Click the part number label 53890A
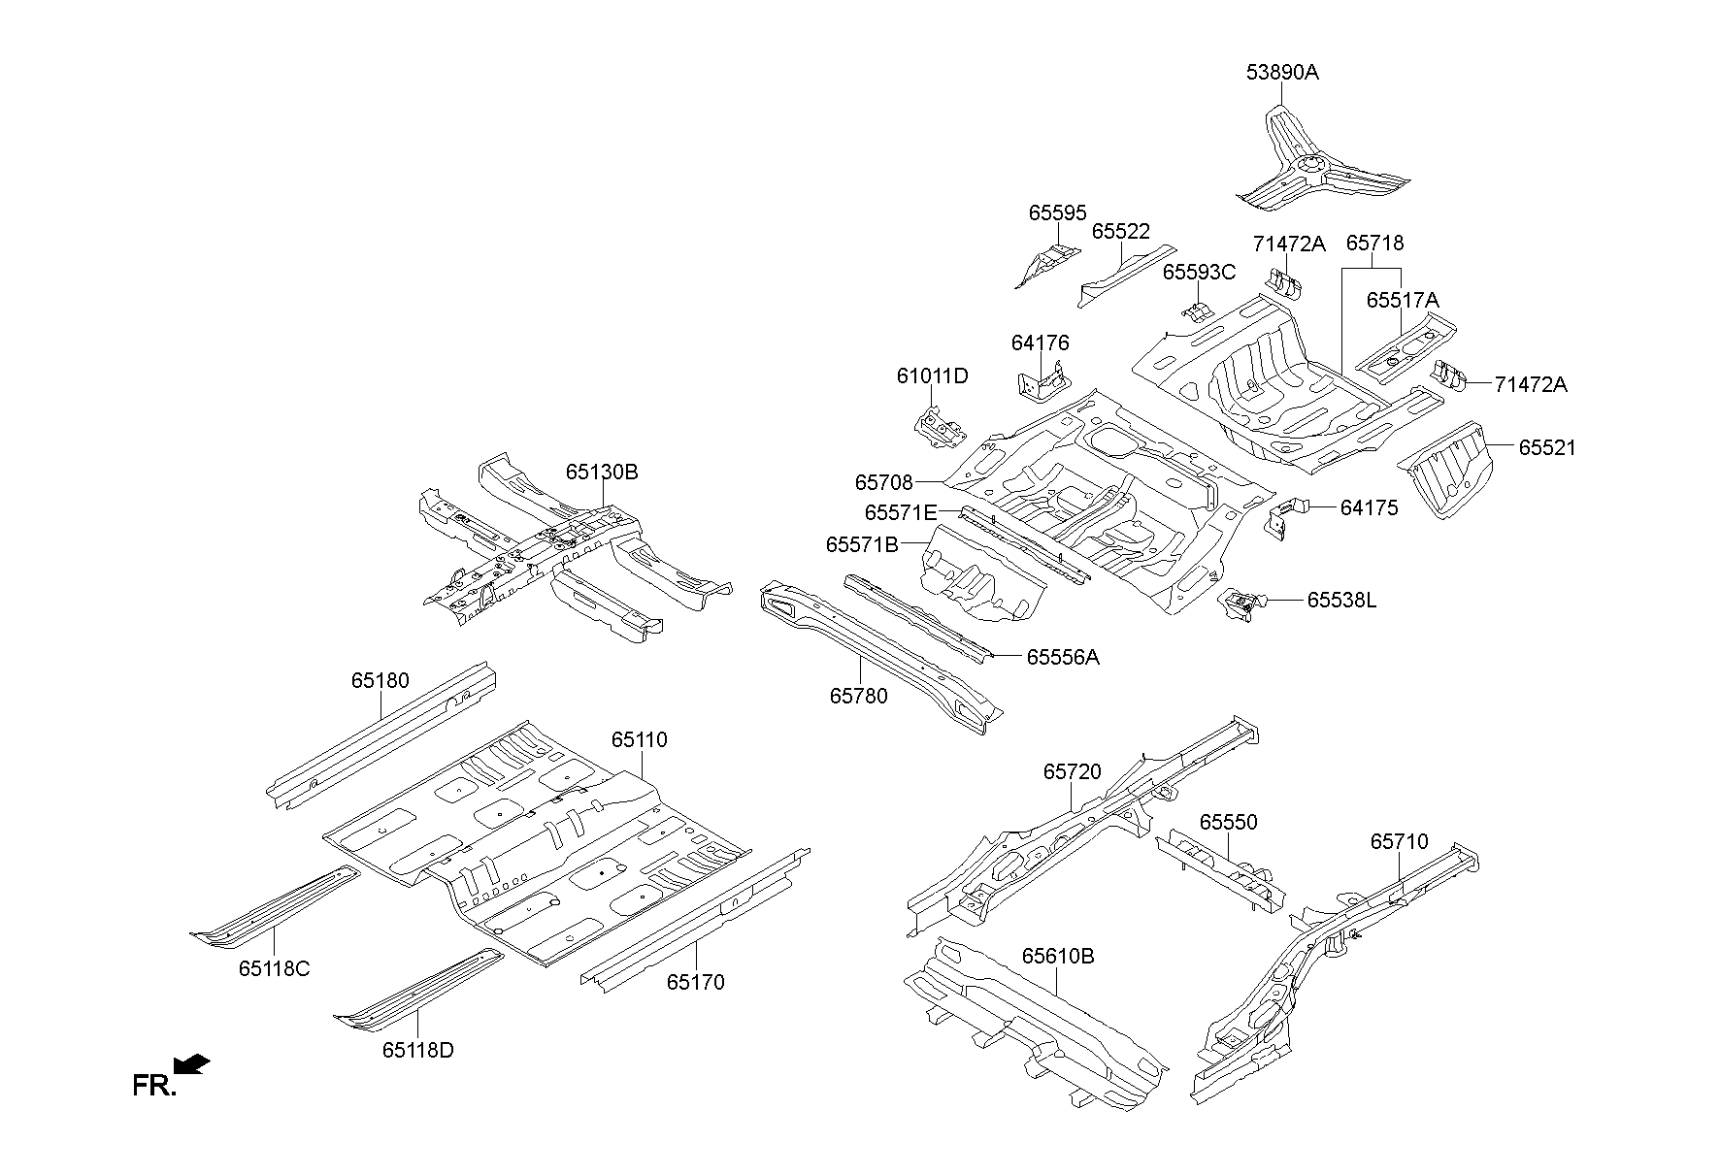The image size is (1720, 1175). pyautogui.click(x=1282, y=73)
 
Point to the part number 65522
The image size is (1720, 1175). pyautogui.click(x=1120, y=232)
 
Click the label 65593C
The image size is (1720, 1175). pyautogui.click(x=1199, y=273)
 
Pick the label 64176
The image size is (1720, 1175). pyautogui.click(x=1040, y=343)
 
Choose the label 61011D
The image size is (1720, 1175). pyautogui.click(x=932, y=376)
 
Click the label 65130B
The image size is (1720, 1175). pyautogui.click(x=602, y=473)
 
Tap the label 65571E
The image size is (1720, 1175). pyautogui.click(x=901, y=512)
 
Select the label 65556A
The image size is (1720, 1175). pyautogui.click(x=1063, y=658)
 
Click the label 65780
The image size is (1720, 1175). pyautogui.click(x=858, y=696)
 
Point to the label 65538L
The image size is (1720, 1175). pyautogui.click(x=1341, y=601)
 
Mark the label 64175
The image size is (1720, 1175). pyautogui.click(x=1369, y=508)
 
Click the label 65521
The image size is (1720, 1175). pyautogui.click(x=1547, y=448)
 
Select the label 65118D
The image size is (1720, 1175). pyautogui.click(x=417, y=1050)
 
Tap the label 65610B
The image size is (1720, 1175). pyautogui.click(x=1057, y=957)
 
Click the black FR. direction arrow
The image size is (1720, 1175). pyautogui.click(x=194, y=1065)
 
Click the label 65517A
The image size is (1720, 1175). pyautogui.click(x=1402, y=301)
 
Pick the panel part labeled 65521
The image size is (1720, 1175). pyautogui.click(x=1449, y=468)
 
